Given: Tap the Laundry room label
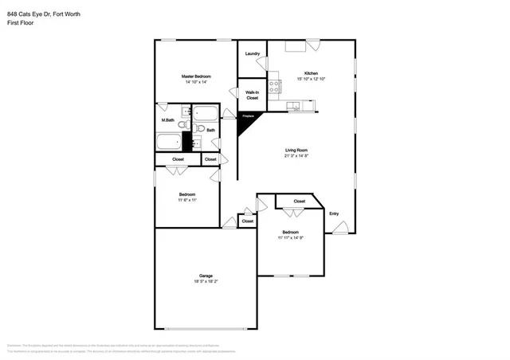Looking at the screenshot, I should coord(253,53).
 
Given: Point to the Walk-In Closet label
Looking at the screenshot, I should coord(252,95).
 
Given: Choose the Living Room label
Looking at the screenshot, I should coord(297,151).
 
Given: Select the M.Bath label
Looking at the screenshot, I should coord(168,120).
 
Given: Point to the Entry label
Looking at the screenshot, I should coord(334,213).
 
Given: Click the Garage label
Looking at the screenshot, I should coord(206,276).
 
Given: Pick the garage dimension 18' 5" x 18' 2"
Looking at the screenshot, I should coord(206,281).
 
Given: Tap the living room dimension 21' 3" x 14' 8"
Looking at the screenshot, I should coord(297,156).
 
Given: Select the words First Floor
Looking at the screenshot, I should coord(20,22).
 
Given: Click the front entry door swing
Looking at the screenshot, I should coord(340,228).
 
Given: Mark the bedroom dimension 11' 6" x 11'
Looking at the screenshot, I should coord(187,200).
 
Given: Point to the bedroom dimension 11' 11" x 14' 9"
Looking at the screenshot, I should coord(291,237).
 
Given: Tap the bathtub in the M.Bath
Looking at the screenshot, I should coord(168,143).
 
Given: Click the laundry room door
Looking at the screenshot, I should coord(263,64).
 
